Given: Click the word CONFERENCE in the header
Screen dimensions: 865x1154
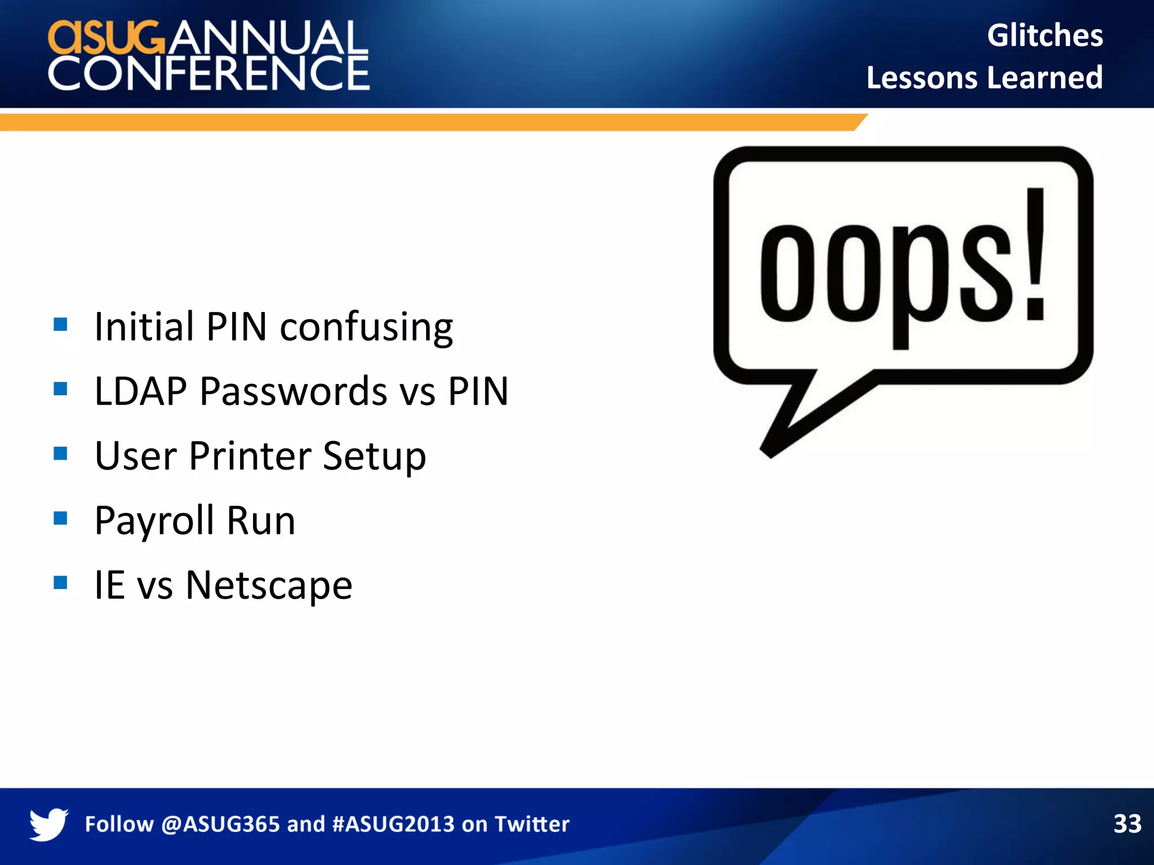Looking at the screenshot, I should (x=208, y=73).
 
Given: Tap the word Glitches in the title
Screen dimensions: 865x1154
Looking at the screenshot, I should (x=1045, y=35).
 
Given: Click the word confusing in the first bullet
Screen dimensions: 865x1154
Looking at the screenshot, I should (x=366, y=328).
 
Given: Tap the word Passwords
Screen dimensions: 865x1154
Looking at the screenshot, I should (x=294, y=391).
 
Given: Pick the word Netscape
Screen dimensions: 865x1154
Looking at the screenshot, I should (x=269, y=586).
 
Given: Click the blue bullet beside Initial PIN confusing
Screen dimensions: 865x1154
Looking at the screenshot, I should (x=60, y=324).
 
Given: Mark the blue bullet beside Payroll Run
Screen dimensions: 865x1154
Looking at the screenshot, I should (x=60, y=518).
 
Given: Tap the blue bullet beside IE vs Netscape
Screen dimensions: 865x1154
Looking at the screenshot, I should (x=60, y=582).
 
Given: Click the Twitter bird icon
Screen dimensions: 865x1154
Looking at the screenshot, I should (x=48, y=824).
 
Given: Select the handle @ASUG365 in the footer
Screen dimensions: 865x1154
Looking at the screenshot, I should (x=220, y=824).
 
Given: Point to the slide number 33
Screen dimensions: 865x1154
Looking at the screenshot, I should (x=1127, y=824).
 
